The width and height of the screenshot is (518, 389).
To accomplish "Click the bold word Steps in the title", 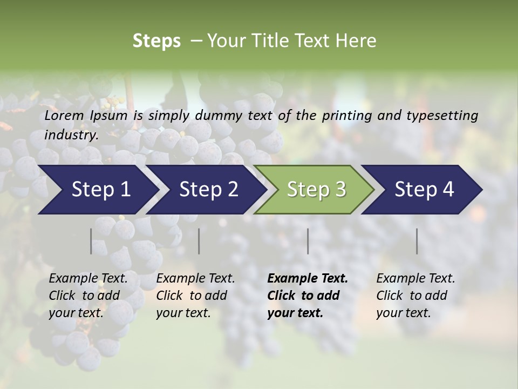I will (x=156, y=41).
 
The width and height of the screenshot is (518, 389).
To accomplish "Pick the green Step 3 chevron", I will (x=316, y=190).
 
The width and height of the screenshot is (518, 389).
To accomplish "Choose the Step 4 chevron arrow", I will (x=424, y=190).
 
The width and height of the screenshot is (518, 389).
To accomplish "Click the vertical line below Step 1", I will (x=91, y=241).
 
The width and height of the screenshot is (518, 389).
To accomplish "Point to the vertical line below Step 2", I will (x=199, y=241).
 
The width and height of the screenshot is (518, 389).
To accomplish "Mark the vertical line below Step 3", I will (x=308, y=241).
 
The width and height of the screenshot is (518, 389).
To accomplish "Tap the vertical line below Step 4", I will (x=417, y=241).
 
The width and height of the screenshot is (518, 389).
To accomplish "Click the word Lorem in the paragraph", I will (x=64, y=115).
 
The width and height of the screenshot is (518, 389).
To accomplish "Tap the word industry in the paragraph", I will (x=71, y=135).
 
